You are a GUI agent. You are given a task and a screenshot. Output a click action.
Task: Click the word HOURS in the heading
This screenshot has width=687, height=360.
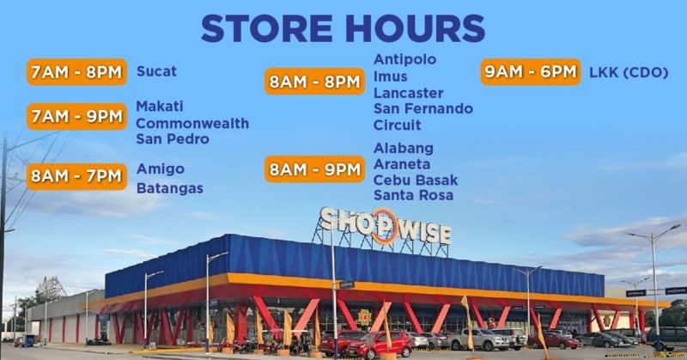[416, 29]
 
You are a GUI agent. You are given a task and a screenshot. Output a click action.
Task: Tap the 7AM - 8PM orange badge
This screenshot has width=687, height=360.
[76, 72]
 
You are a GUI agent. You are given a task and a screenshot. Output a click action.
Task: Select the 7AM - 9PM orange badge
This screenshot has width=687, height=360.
[76, 117]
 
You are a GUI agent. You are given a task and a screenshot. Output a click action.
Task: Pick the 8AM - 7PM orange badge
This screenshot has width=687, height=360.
[76, 176]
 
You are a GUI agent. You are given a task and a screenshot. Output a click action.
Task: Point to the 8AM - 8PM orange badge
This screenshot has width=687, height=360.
[314, 81]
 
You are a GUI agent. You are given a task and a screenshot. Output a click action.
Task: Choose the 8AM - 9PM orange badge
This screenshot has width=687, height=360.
[314, 168]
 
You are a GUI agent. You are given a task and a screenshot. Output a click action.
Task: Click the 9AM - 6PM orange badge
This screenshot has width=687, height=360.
[531, 71]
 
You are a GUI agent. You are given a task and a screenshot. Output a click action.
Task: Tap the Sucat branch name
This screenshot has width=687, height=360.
[156, 71]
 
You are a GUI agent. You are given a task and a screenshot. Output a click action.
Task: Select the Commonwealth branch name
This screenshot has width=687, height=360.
[192, 123]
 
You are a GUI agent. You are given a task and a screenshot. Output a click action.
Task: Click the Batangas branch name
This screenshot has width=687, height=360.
[170, 188]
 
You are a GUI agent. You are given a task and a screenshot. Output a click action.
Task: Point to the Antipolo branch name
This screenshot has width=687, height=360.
[404, 59]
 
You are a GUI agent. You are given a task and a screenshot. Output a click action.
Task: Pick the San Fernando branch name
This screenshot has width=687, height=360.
[423, 108]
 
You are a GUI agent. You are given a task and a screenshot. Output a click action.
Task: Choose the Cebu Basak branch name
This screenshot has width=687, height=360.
[416, 180]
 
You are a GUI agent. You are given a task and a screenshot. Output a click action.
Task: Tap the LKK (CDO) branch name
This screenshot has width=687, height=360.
[629, 72]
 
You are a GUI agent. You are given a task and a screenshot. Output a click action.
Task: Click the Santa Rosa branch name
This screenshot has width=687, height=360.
[413, 195]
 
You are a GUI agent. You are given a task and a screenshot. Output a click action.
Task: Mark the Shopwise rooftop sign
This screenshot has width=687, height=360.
[385, 225]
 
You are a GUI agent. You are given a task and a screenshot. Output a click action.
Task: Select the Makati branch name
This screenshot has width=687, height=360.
[160, 107]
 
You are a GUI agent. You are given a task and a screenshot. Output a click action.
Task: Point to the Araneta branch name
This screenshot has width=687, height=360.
[402, 164]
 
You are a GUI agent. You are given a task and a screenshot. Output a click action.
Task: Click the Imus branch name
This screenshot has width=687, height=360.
[391, 76]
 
